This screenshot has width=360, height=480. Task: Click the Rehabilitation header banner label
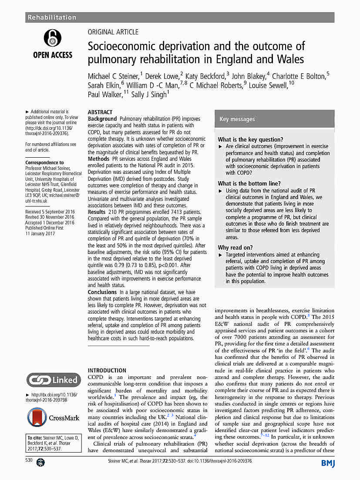coord(52,17)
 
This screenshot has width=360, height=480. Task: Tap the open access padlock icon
coord(53,38)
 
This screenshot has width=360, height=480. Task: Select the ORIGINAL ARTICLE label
coord(113,32)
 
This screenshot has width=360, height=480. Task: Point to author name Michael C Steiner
coord(114,76)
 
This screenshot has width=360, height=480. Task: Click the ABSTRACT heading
coord(100,112)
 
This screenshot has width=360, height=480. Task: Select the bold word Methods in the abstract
coord(98,159)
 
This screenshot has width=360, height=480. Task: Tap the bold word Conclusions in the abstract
coord(102,292)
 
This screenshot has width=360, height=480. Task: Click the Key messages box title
coord(237,119)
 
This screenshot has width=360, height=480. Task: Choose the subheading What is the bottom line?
coord(249,183)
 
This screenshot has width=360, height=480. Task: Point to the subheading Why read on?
coord(236,247)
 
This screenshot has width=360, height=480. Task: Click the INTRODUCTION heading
coord(107,370)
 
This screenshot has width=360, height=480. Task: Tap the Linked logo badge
coord(53,380)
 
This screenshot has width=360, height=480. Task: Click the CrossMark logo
coord(53,417)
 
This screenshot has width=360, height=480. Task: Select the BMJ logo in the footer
coord(328,463)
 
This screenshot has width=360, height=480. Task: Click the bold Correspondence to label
coord(44,162)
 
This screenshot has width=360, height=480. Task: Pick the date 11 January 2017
coord(40,233)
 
